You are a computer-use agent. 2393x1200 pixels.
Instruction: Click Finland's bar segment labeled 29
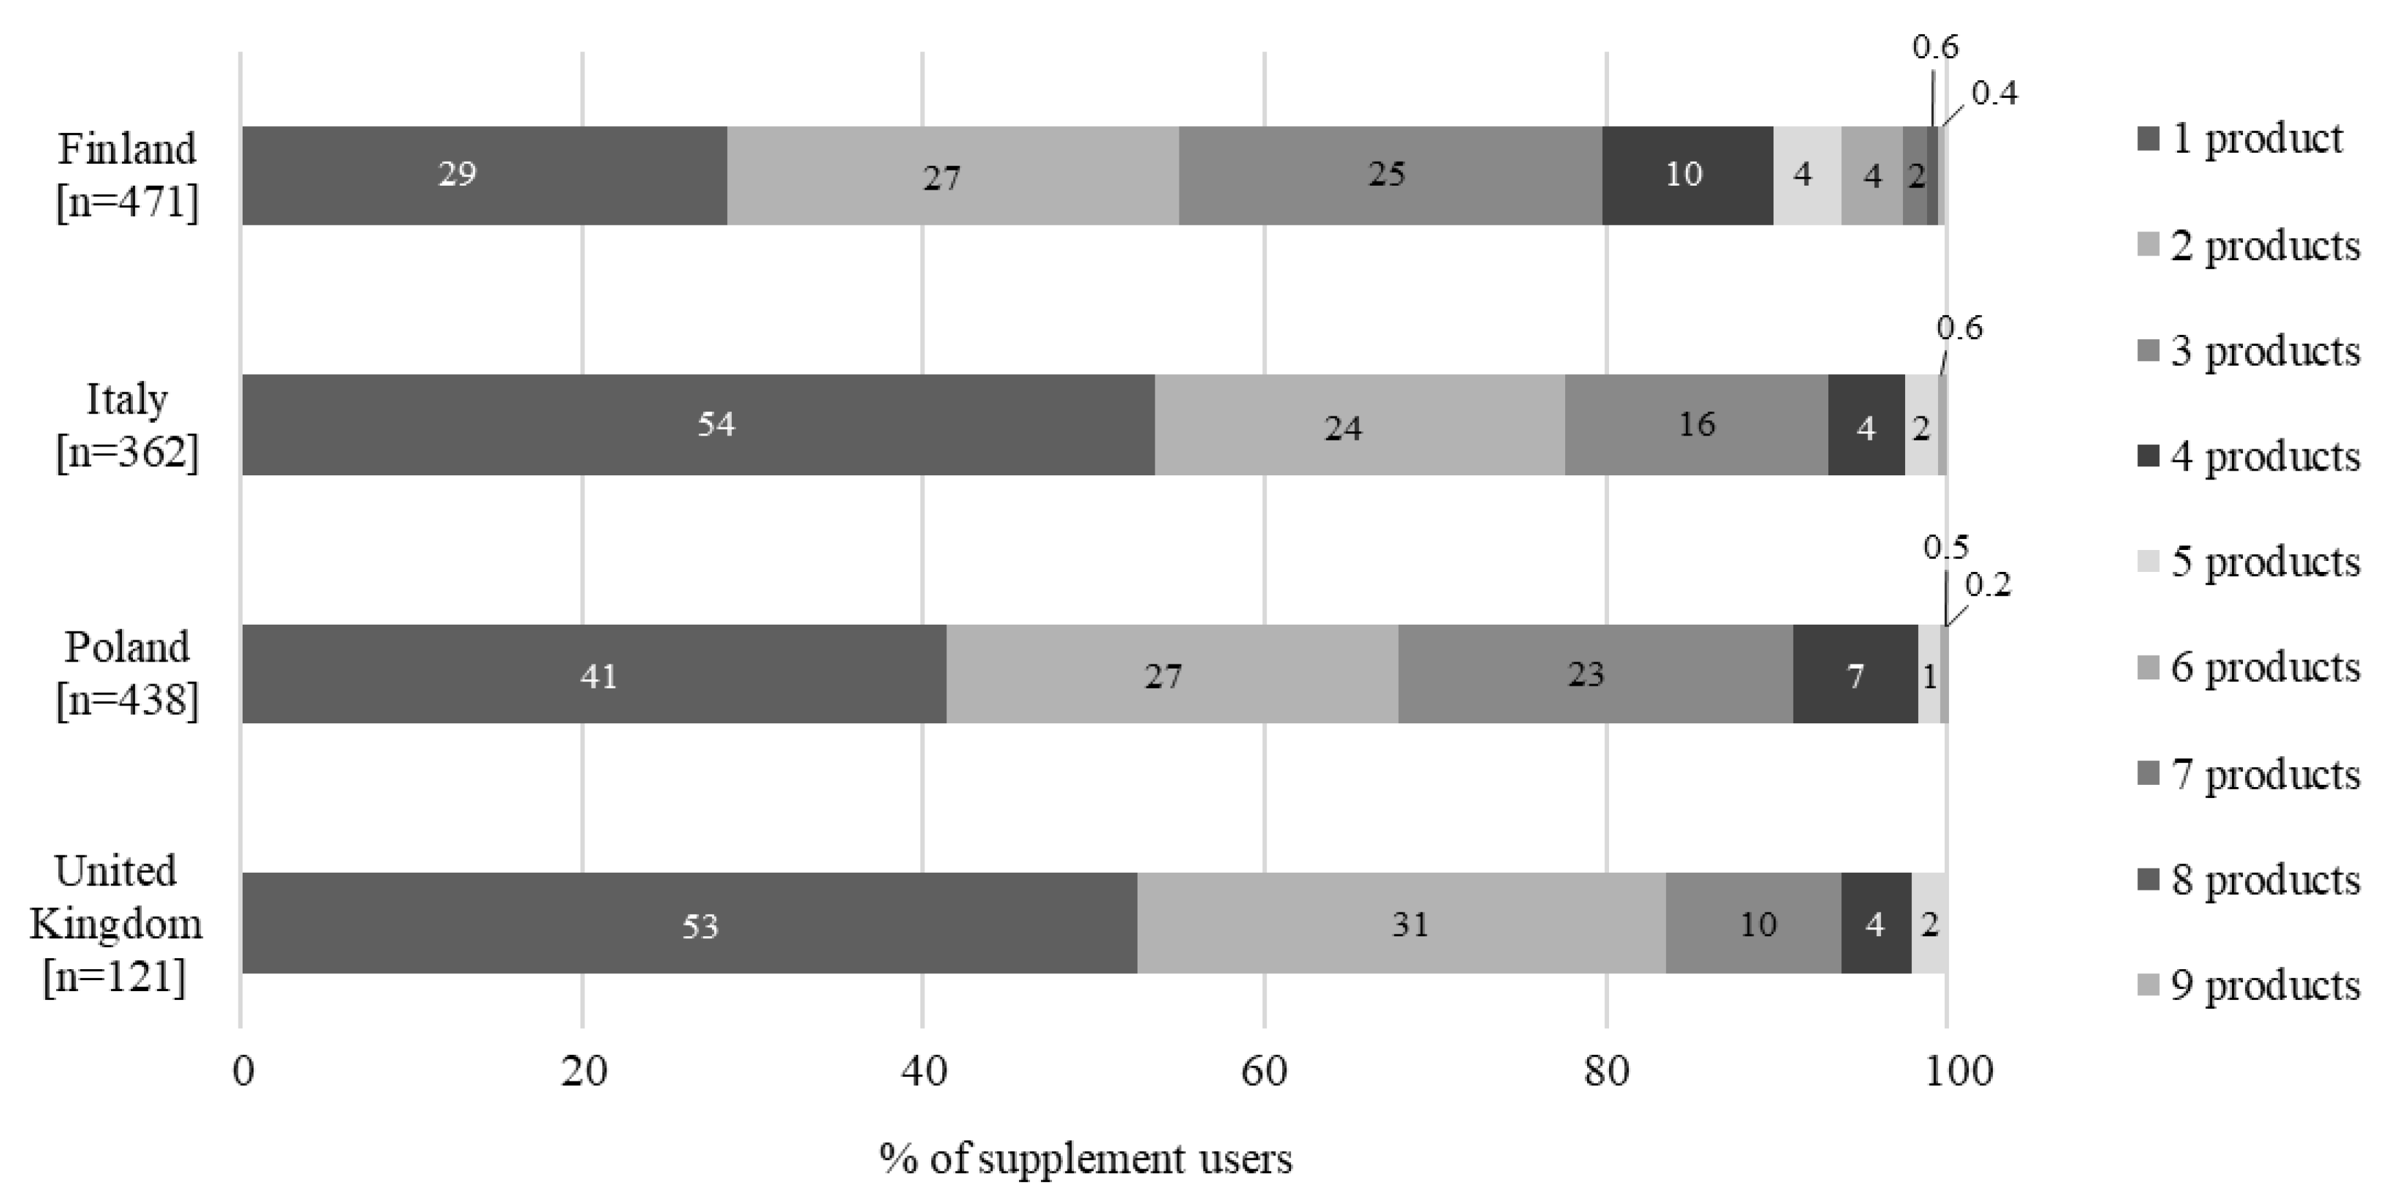pos(483,175)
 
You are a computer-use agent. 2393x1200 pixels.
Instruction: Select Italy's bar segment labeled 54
pos(697,425)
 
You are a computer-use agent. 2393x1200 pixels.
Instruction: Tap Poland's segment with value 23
pos(1594,674)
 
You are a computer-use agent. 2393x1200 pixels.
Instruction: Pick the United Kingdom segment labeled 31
pos(1401,924)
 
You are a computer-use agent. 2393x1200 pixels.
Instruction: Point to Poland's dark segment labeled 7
pos(1854,674)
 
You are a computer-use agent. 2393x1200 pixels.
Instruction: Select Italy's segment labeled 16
pos(1695,425)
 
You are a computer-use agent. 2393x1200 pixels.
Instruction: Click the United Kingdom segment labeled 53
pos(688,924)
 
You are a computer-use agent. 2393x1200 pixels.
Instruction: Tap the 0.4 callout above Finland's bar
pos(1993,94)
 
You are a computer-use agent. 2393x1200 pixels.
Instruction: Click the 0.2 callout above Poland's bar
pos(1987,585)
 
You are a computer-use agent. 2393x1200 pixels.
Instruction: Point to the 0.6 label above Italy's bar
pos(1959,329)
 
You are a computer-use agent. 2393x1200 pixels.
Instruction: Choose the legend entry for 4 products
pos(2248,457)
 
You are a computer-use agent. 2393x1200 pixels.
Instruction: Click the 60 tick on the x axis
pos(1264,1072)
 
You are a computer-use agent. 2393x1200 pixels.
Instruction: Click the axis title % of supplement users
pos(1085,1159)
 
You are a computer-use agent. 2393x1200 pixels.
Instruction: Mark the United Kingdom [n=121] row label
pos(116,923)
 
